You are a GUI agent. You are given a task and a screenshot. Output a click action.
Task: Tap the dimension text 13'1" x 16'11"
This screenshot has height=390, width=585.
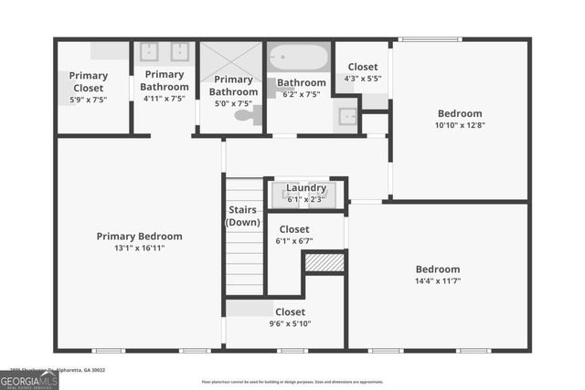coord(140,248)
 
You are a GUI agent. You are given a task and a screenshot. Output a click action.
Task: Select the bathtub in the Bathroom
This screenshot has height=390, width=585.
coord(298,58)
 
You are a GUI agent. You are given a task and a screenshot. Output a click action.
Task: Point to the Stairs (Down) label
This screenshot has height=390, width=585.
coord(244,216)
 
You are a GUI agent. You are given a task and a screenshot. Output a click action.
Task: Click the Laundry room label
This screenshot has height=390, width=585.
coord(305,188)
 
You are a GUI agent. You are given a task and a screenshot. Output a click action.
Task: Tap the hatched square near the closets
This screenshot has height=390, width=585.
coord(324,262)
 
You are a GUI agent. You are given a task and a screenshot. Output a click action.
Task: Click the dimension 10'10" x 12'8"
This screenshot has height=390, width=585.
coord(460,125)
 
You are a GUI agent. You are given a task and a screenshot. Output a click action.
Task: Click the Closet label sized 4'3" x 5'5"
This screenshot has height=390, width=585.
coord(362,67)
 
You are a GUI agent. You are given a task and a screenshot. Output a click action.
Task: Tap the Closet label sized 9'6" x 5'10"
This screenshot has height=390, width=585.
coord(291,312)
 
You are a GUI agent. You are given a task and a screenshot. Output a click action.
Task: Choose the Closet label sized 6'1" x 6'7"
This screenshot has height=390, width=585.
coord(293,229)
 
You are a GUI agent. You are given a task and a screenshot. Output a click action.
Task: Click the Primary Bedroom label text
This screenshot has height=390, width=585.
coord(140,236)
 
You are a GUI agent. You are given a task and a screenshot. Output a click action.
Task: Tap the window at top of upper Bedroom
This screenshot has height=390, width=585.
coord(430,38)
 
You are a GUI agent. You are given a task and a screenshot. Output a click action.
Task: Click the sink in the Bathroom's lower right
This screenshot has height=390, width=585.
coord(346,117)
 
